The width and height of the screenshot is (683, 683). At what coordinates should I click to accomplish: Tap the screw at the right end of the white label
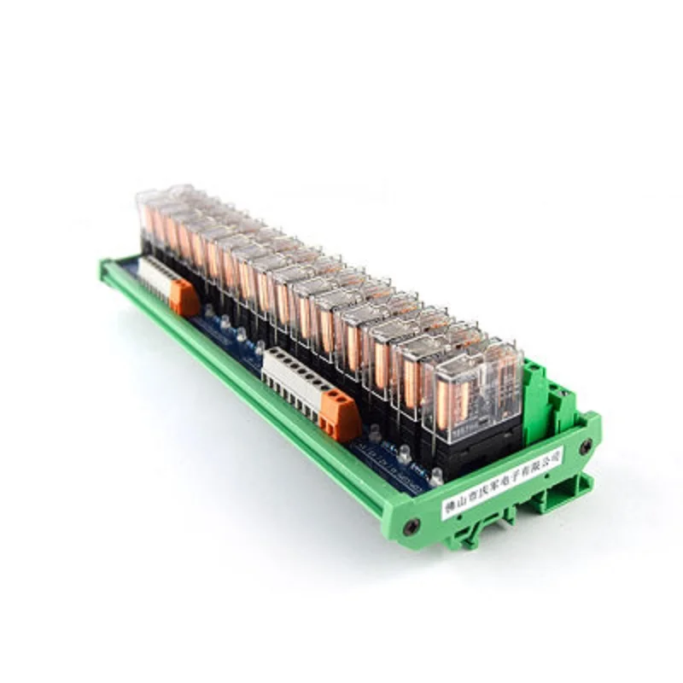tap(585, 446)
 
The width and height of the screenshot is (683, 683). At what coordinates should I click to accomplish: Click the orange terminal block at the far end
tap(183, 295)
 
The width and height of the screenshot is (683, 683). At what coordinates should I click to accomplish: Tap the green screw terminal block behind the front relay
tap(536, 388)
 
